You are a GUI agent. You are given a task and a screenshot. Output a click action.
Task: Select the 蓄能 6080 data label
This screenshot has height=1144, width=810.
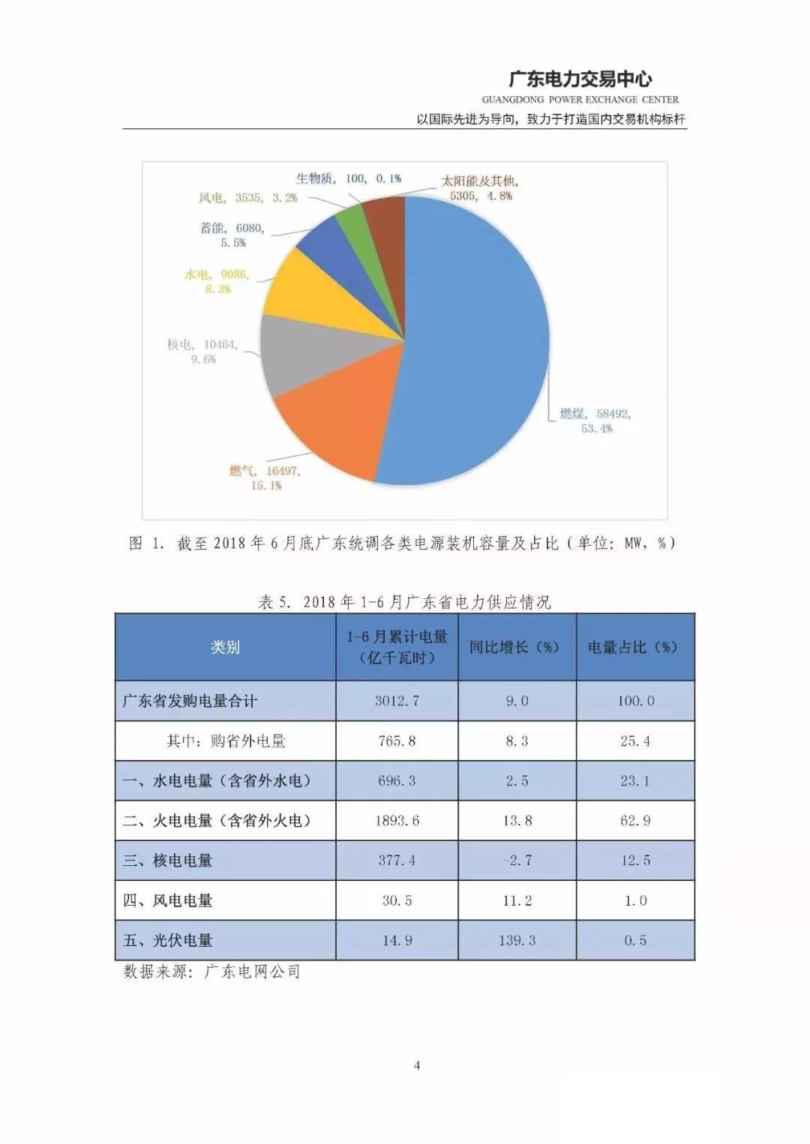pyautogui.click(x=233, y=235)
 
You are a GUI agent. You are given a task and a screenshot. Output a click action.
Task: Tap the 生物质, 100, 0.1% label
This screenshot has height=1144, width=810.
pyautogui.click(x=348, y=178)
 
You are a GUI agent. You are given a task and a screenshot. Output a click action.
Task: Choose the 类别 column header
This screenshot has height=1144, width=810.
pyautogui.click(x=225, y=647)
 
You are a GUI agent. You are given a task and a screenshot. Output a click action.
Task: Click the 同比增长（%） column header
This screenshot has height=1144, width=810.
pyautogui.click(x=517, y=647)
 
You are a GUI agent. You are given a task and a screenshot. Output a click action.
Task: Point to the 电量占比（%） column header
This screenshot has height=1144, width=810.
pyautogui.click(x=634, y=647)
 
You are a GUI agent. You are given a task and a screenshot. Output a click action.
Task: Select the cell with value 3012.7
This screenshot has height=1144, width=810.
pyautogui.click(x=397, y=701)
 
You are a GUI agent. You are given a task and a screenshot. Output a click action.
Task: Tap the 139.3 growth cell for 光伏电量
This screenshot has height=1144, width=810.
pyautogui.click(x=517, y=940)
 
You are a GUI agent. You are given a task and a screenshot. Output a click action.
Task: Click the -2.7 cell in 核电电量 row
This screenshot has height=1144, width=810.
pyautogui.click(x=517, y=861)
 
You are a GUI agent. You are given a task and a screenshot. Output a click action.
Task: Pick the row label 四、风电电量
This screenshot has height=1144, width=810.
pyautogui.click(x=168, y=900)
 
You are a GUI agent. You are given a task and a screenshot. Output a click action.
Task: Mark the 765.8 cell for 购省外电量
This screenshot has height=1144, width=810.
pyautogui.click(x=397, y=741)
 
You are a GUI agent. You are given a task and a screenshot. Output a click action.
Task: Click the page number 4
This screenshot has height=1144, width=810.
pyautogui.click(x=417, y=1065)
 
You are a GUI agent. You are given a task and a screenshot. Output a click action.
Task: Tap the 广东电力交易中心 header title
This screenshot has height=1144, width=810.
pyautogui.click(x=580, y=79)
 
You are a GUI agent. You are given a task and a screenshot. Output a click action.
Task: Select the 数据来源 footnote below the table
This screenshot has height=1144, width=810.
pyautogui.click(x=211, y=972)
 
